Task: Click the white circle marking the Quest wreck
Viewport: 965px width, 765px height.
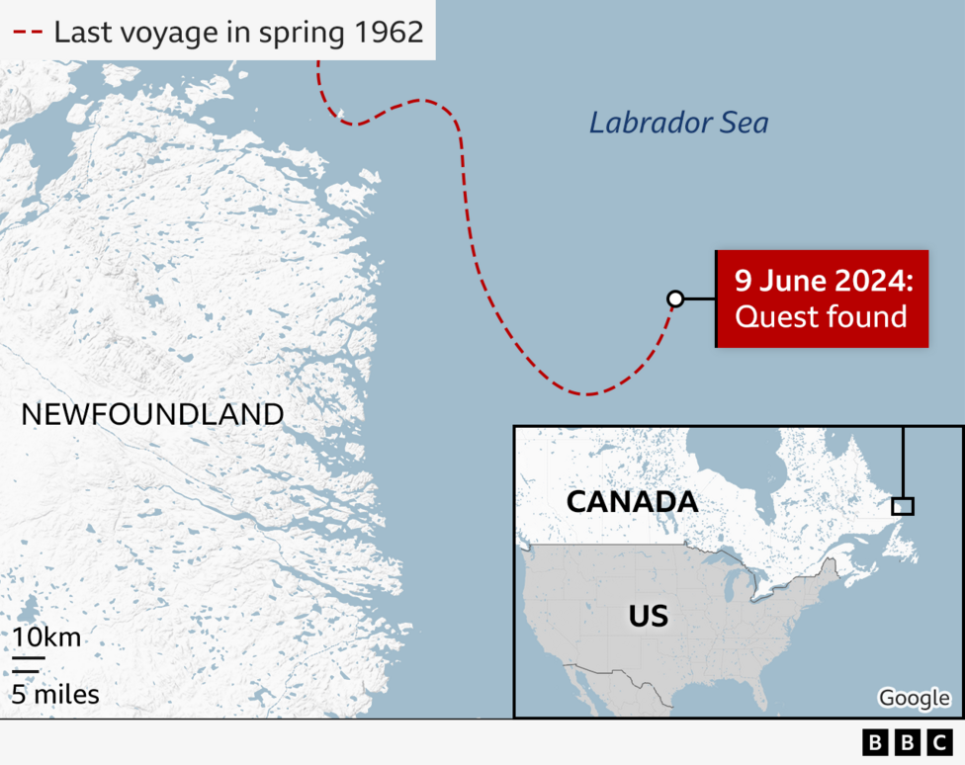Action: (675, 298)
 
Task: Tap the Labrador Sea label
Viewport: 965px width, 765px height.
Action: (678, 123)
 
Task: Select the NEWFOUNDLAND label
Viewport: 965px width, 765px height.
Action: (152, 414)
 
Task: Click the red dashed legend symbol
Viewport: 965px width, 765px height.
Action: (28, 33)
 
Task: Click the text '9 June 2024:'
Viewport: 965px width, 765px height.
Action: (823, 281)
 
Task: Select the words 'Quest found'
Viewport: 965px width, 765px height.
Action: (821, 316)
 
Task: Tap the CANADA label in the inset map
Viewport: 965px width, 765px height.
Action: (632, 501)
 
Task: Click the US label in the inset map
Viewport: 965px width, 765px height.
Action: (649, 617)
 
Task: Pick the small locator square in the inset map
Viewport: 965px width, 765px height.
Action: (902, 506)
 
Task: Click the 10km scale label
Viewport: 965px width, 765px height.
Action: (46, 637)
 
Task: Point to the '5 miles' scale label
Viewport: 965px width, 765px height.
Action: (55, 695)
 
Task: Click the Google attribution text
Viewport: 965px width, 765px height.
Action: (914, 698)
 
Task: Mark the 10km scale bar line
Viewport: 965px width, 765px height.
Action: (29, 656)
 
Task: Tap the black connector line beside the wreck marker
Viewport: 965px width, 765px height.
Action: (699, 298)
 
